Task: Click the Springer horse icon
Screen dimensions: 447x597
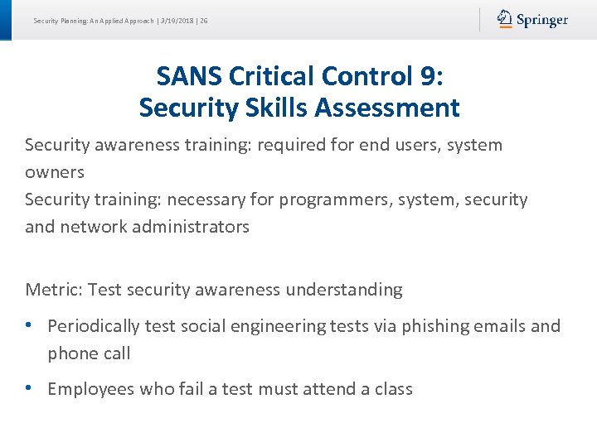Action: [505, 19]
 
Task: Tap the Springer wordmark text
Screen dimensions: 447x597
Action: [542, 21]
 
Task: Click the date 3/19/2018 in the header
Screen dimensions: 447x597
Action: [177, 21]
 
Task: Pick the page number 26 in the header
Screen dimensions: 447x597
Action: [204, 21]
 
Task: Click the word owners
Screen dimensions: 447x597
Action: [55, 173]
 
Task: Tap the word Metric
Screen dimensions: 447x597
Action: [53, 291]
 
